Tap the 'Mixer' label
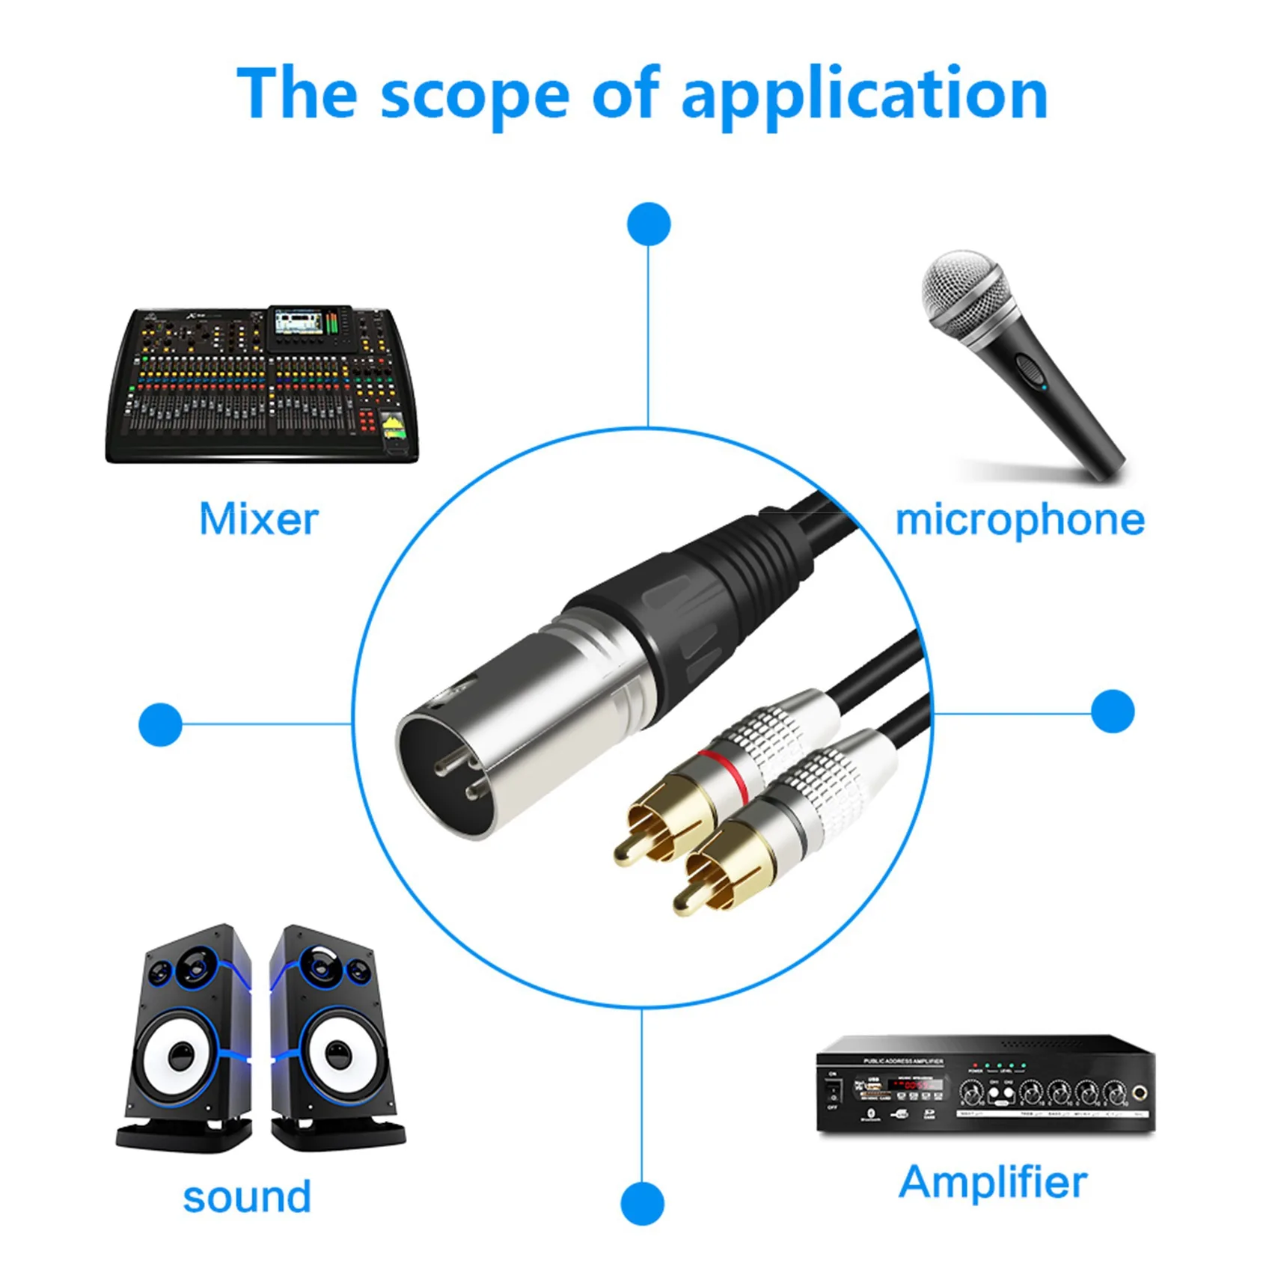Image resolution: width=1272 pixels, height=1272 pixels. (259, 519)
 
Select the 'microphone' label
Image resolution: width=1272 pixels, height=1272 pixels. (1020, 519)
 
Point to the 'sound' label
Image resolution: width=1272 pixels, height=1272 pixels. (247, 1196)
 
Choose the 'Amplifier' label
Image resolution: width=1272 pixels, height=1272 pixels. (993, 1183)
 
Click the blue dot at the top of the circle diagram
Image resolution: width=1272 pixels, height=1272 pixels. (649, 224)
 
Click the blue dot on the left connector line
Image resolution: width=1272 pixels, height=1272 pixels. (160, 724)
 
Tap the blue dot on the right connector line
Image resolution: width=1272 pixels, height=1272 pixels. (1113, 711)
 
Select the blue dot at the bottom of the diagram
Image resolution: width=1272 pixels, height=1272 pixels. (642, 1204)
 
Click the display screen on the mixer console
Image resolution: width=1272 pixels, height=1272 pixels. (298, 323)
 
